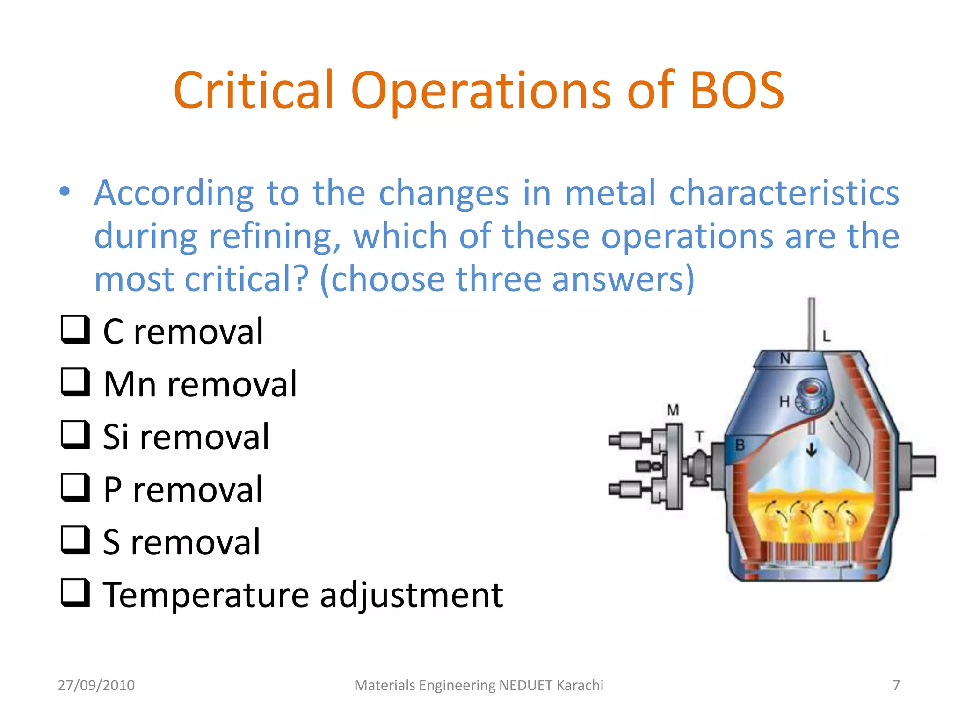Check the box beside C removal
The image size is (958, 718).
pyautogui.click(x=75, y=330)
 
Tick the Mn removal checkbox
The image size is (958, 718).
pyautogui.click(x=75, y=382)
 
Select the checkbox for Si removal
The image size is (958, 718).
pyautogui.click(x=75, y=435)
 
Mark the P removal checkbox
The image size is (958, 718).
pyautogui.click(x=75, y=488)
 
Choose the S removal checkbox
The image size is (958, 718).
pyautogui.click(x=75, y=540)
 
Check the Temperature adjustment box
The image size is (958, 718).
pyautogui.click(x=75, y=593)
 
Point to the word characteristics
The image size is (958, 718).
pyautogui.click(x=784, y=193)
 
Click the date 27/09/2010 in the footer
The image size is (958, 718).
pyautogui.click(x=96, y=685)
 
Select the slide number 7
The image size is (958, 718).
pyautogui.click(x=896, y=685)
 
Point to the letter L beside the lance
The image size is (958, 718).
pyautogui.click(x=827, y=336)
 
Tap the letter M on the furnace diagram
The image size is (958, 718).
pyautogui.click(x=673, y=410)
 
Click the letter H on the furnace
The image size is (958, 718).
pyautogui.click(x=784, y=401)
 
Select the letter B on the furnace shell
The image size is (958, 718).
pyautogui.click(x=740, y=445)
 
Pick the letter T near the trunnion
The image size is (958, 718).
pyautogui.click(x=699, y=437)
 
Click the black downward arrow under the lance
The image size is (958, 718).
pyautogui.click(x=811, y=450)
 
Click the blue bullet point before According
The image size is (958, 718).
pyautogui.click(x=65, y=192)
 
